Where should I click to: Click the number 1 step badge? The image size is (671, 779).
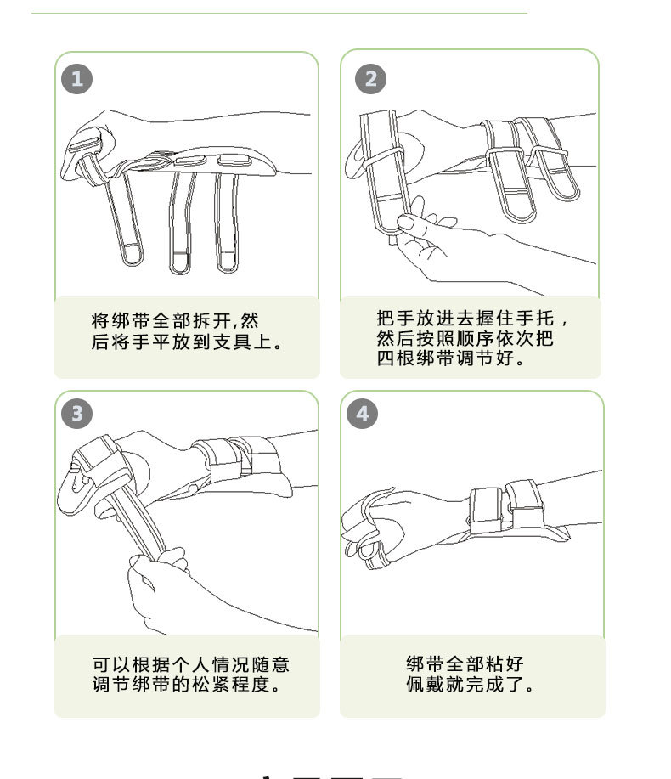(x=76, y=79)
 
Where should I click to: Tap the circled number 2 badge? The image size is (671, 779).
(x=370, y=79)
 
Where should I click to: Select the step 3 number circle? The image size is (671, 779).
(x=76, y=414)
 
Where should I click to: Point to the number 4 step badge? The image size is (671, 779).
(x=362, y=414)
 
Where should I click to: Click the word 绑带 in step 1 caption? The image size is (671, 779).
(x=121, y=321)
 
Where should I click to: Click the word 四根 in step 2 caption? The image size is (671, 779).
(x=396, y=358)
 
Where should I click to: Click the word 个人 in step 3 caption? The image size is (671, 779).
(x=191, y=664)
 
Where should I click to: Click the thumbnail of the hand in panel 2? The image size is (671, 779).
(x=406, y=222)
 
